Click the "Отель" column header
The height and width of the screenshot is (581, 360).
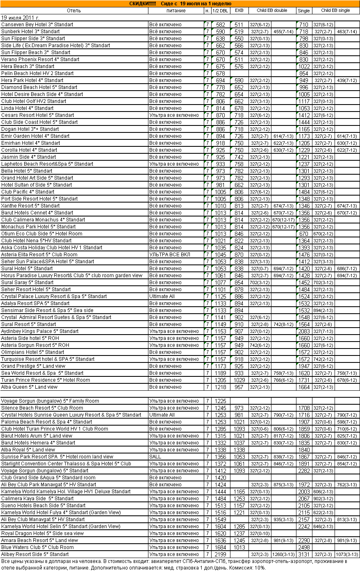tap(74, 11)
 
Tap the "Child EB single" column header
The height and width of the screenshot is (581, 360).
tap(335, 11)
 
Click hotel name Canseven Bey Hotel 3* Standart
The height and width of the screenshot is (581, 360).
tap(37, 25)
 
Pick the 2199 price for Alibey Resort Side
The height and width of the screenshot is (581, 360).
tap(220, 554)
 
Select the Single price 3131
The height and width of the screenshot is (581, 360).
tap(304, 554)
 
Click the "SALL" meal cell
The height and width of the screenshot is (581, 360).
tap(155, 457)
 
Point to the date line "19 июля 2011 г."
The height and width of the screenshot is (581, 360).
tap(21, 18)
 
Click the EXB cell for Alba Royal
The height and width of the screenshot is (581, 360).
tap(239, 450)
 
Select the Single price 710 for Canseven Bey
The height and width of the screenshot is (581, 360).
tap(304, 25)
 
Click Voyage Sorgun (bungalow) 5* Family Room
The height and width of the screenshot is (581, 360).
tap(50, 401)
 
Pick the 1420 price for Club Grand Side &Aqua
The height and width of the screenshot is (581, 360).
tap(220, 478)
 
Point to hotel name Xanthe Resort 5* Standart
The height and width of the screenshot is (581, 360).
tap(30, 206)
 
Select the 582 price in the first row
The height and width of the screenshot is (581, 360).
tap(220, 25)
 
